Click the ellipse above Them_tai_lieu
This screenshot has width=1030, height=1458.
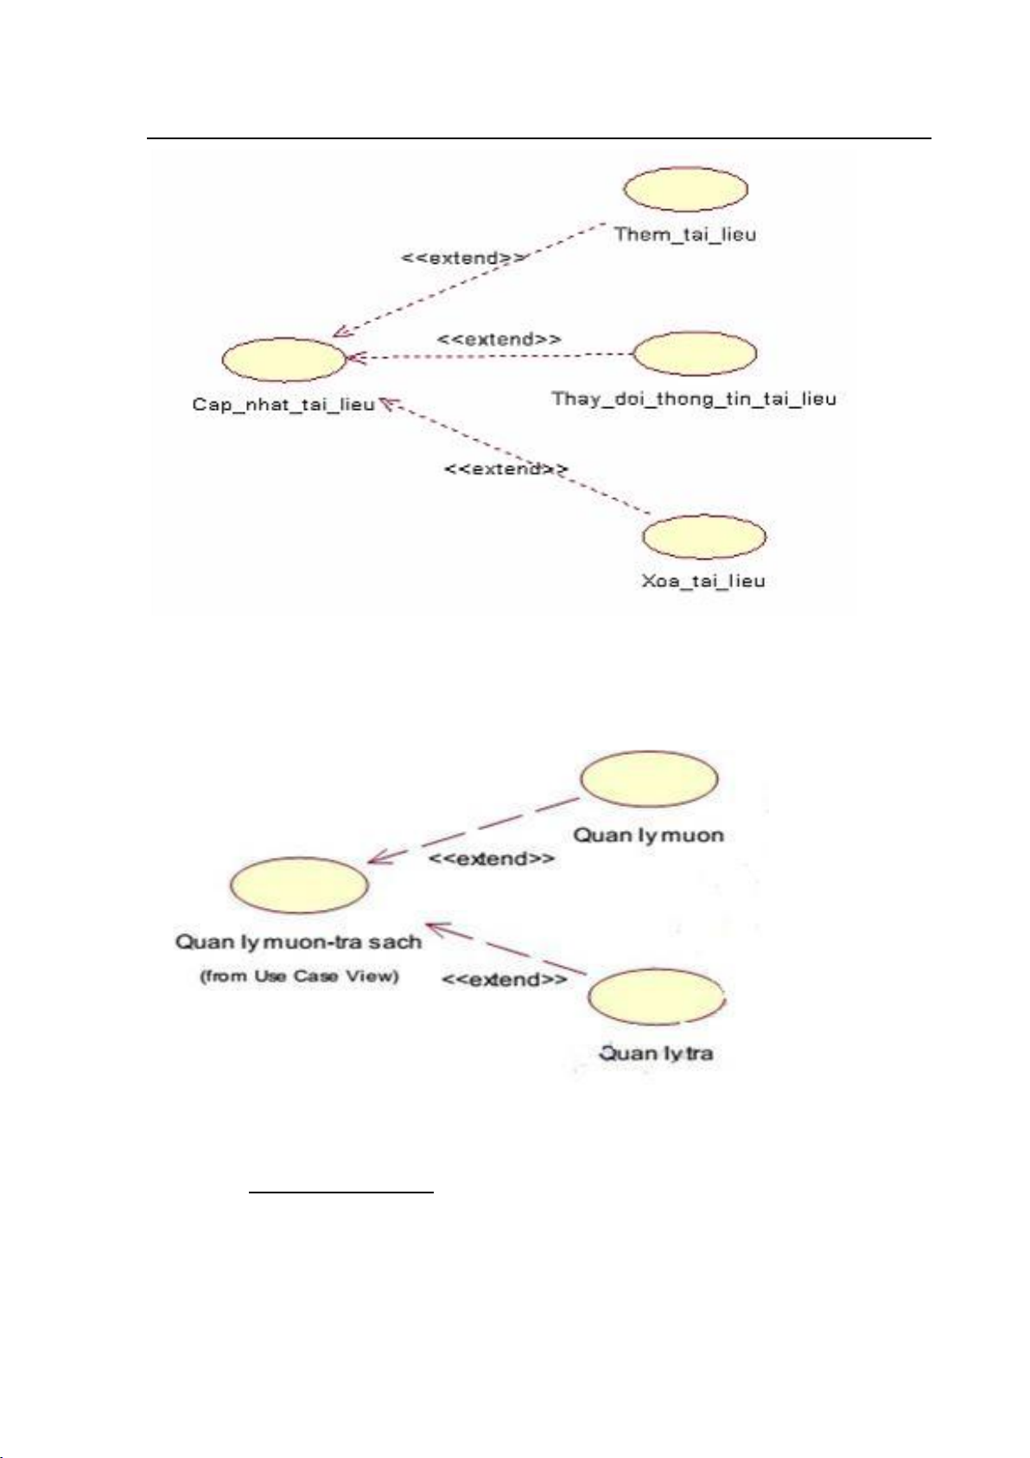(685, 189)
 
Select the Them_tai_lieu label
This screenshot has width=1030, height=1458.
(685, 234)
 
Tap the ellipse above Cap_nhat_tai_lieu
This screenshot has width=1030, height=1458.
(284, 359)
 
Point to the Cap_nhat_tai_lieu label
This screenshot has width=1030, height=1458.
(283, 405)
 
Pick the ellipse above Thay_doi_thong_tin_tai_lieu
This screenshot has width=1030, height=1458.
(695, 354)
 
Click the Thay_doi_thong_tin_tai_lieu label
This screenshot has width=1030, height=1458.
(694, 399)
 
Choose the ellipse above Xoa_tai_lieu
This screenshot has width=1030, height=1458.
(704, 536)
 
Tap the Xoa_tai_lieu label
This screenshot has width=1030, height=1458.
(703, 580)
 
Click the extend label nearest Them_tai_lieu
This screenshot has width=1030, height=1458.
(463, 258)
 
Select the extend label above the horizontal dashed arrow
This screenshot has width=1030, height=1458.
(499, 339)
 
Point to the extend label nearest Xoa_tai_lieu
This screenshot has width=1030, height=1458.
(505, 469)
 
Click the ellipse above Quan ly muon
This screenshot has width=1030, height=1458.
(649, 778)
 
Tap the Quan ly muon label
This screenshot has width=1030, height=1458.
(648, 835)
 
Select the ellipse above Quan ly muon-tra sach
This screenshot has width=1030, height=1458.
(299, 886)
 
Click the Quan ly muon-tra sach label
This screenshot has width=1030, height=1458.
(298, 942)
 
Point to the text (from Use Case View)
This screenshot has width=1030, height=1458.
(299, 975)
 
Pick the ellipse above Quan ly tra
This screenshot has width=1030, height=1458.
(657, 997)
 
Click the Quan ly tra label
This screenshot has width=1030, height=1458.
(656, 1053)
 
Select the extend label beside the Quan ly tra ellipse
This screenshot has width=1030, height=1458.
(505, 980)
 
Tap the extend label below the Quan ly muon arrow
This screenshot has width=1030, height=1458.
(492, 860)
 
